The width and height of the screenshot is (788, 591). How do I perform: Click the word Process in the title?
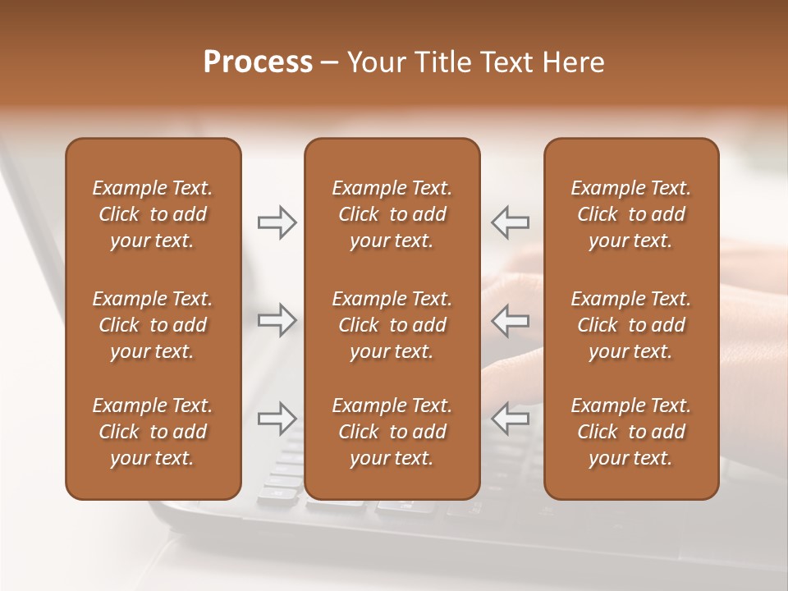(x=258, y=62)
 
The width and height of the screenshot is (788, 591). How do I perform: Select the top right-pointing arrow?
(x=277, y=222)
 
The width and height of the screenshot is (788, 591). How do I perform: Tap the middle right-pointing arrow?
(x=277, y=320)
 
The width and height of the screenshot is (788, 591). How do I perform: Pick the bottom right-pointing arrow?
(x=277, y=419)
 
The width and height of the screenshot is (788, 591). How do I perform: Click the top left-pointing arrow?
(x=510, y=222)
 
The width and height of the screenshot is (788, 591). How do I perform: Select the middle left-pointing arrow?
(x=510, y=320)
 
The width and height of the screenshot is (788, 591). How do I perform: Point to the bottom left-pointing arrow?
(x=510, y=419)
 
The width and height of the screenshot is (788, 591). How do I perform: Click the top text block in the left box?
(x=153, y=214)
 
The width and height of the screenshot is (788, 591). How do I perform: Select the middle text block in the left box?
(x=153, y=325)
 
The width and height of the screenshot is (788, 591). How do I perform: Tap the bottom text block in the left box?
(x=153, y=432)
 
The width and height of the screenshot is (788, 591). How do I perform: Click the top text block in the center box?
(x=392, y=214)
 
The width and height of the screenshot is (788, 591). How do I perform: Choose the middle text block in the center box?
(x=392, y=325)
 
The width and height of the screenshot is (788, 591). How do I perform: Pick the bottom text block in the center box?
(x=392, y=432)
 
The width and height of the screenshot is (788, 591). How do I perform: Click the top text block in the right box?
(x=630, y=214)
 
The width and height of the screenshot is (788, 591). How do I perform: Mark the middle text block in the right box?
(x=630, y=325)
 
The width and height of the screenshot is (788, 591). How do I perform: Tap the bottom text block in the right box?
(x=630, y=432)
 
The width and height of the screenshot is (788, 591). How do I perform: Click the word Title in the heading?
(x=443, y=62)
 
